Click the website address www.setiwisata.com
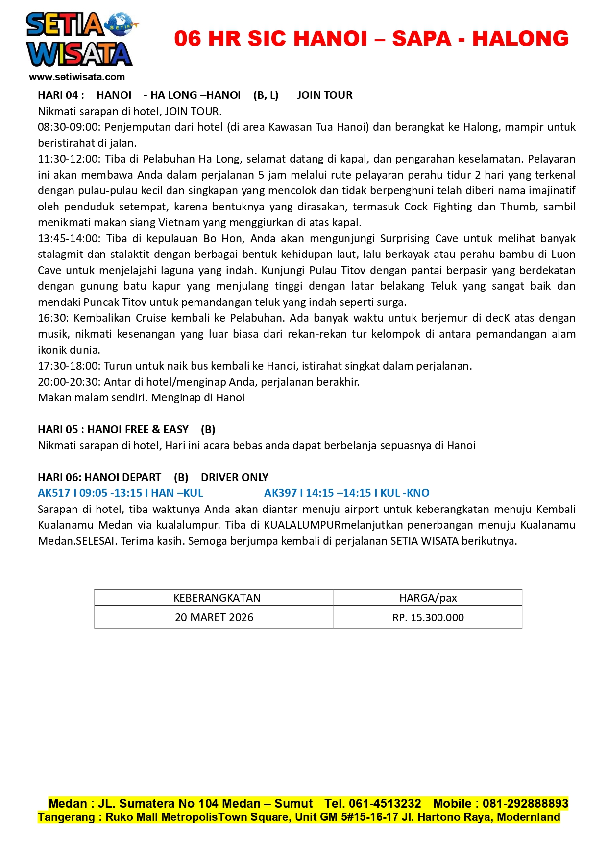click(77, 77)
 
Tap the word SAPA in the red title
click(421, 39)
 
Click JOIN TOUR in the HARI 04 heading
click(324, 95)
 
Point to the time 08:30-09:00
click(69, 127)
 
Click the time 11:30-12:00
click(69, 159)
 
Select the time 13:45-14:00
click(69, 239)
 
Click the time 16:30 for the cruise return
click(53, 318)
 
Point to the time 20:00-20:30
click(69, 382)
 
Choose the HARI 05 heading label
click(58, 429)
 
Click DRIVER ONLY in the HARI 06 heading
click(234, 477)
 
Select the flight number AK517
click(54, 493)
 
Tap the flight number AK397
click(280, 493)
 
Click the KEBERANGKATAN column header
click(217, 598)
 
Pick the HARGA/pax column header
click(428, 598)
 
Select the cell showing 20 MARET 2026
click(214, 617)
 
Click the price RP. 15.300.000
click(428, 617)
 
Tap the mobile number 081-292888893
click(525, 803)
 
